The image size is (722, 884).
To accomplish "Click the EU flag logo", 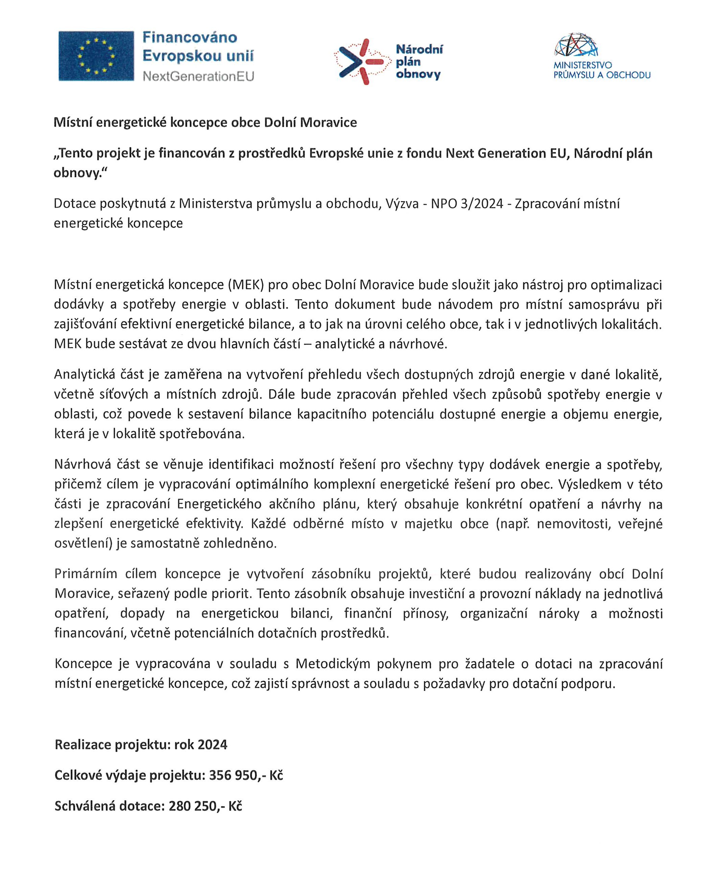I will pos(96,56).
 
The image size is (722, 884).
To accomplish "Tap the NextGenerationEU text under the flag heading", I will pos(198,76).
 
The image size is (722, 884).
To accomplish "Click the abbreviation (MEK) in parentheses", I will pos(246,285).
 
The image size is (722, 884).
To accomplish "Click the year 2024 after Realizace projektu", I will pos(213,744).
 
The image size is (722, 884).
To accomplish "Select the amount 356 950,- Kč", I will pos(246,775).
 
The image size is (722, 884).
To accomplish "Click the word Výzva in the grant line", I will pos(402,204).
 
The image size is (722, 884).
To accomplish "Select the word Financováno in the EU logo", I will pos(190,37).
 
